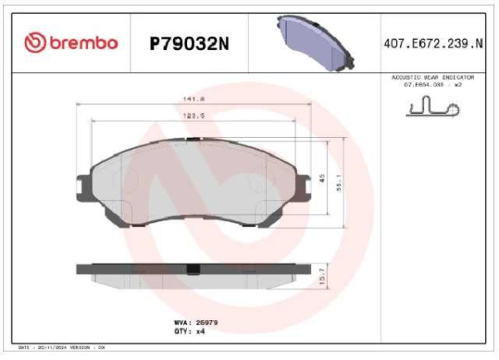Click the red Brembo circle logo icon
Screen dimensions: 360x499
tap(35, 42)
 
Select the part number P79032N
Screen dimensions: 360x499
tap(188, 42)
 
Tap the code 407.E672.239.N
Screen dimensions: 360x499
tap(432, 42)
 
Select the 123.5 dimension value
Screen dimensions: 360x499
tap(194, 117)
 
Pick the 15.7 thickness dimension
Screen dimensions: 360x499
tap(323, 273)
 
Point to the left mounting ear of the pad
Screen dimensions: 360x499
tap(81, 185)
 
